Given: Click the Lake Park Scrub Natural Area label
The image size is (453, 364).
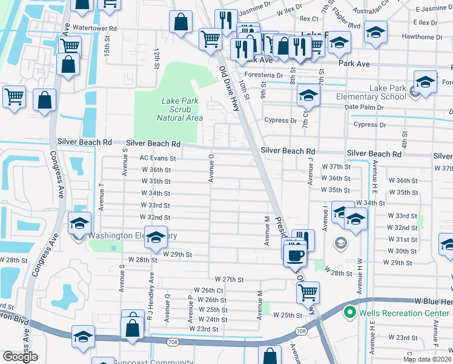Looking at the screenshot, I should pos(179,109).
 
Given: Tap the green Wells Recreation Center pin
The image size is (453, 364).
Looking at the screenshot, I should pos(349,312).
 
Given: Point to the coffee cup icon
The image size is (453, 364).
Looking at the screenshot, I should pos(295,255).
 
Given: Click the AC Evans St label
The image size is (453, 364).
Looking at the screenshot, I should pos(157,158).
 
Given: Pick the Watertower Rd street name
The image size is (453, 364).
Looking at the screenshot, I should pos(93,28).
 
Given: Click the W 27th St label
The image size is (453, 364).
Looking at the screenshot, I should pos(224,280).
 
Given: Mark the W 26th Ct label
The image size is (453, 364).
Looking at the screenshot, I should pos(208,291).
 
